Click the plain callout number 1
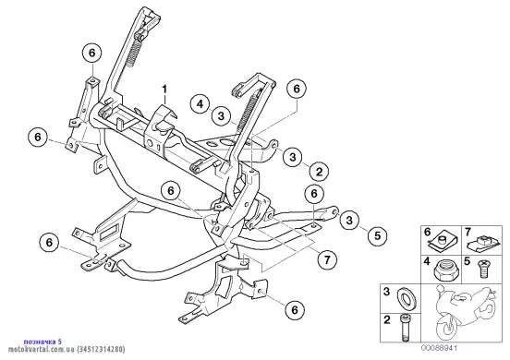(x=164, y=89)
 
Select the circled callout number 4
(x=200, y=104)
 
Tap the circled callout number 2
(x=319, y=171)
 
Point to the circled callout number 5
(x=377, y=235)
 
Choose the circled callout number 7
(x=327, y=259)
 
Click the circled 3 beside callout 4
(x=221, y=115)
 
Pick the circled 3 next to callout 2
(x=293, y=157)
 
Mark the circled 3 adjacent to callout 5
(x=349, y=220)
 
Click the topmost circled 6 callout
(x=92, y=53)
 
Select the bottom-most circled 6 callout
(x=295, y=309)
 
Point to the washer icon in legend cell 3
(x=406, y=298)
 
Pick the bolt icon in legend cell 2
(x=405, y=328)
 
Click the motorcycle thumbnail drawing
(x=466, y=313)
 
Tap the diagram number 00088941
(x=440, y=348)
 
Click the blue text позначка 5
(x=42, y=342)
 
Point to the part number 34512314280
(x=101, y=349)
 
